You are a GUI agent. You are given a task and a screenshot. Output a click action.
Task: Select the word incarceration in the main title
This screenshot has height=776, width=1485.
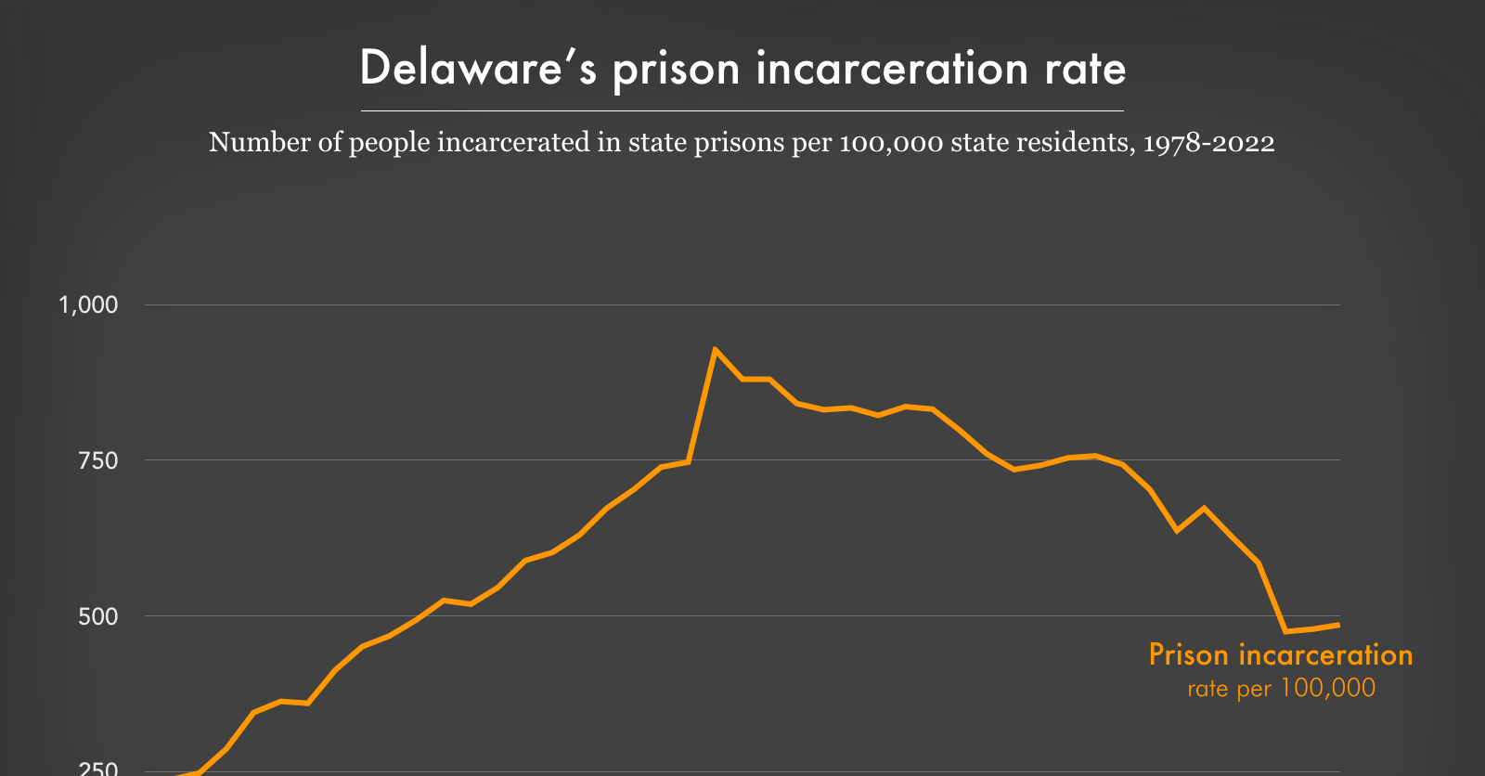[x=892, y=69]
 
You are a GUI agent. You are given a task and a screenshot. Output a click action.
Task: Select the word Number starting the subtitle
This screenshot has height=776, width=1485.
[x=243, y=142]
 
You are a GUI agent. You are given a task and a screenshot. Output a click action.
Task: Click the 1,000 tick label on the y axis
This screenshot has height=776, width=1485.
[x=88, y=304]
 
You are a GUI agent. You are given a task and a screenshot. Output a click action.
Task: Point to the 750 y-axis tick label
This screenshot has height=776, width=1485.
[x=97, y=460]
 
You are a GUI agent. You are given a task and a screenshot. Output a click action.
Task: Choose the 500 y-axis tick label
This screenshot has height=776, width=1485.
[x=97, y=616]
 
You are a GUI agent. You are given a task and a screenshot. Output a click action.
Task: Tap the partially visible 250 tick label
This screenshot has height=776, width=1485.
[x=97, y=769]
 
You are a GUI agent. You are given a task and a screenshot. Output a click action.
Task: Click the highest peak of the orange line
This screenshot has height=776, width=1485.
[x=715, y=350]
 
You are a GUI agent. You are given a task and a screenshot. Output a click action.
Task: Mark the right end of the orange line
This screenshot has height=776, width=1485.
[x=1338, y=625]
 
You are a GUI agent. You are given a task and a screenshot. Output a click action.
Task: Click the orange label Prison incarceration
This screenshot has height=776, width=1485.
[x=1280, y=654]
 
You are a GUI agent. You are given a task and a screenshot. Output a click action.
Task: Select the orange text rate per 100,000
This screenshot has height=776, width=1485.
[x=1281, y=688]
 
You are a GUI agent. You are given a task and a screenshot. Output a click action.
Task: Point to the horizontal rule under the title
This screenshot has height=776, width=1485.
[x=742, y=110]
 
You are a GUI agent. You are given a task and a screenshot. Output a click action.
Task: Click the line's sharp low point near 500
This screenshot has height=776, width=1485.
[x=1285, y=631]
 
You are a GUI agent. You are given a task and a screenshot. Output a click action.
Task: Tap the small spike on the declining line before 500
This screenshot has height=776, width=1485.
[x=1204, y=508]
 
